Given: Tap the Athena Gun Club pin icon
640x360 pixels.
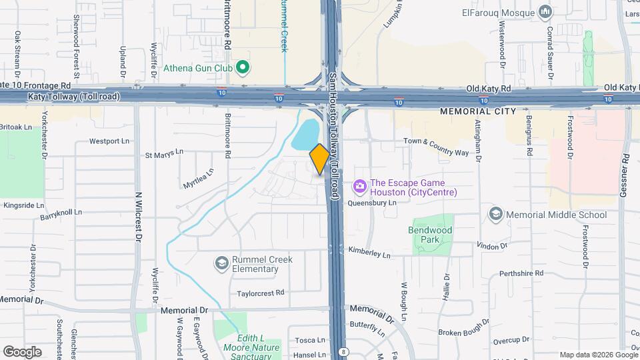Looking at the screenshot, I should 243,67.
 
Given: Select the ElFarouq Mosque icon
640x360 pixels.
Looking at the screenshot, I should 546,11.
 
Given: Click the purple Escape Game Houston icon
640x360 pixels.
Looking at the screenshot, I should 359,185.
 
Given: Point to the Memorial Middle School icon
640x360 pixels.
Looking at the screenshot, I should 495,214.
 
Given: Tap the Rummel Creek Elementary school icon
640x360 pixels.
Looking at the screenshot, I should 221,263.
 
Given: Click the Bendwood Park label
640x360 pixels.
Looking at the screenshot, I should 430,234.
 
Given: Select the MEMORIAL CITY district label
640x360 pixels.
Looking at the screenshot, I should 478,111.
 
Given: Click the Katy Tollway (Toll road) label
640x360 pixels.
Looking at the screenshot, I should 73,97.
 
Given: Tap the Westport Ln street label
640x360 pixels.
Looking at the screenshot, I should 109,141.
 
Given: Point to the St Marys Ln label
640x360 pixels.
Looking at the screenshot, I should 164,154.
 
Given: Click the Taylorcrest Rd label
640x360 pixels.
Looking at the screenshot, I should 261,293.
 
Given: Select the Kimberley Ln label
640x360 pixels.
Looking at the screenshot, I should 369,254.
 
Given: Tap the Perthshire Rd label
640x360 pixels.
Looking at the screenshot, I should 521,273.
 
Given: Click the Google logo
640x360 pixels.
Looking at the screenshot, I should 23,351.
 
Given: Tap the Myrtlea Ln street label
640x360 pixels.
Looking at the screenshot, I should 199,177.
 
